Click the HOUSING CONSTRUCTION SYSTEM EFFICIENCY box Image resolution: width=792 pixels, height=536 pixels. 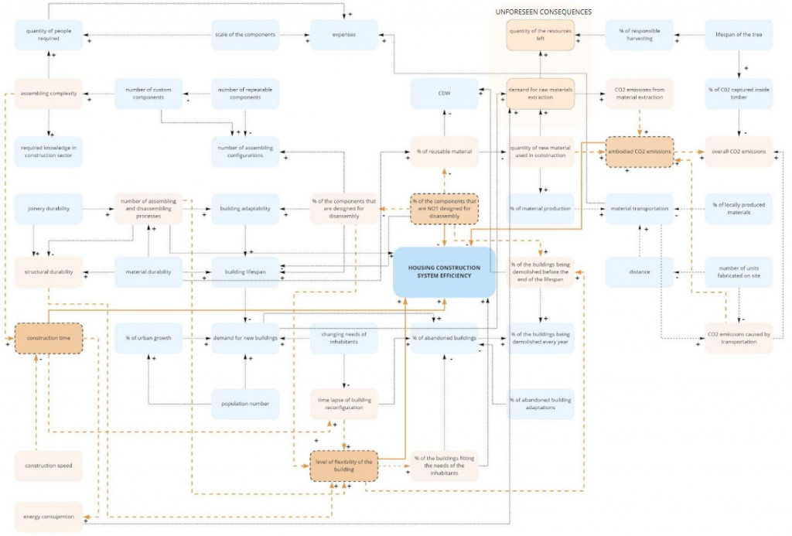tap(444, 272)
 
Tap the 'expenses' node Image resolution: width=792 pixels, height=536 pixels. tap(344, 35)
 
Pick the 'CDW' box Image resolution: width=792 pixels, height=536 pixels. tap(444, 94)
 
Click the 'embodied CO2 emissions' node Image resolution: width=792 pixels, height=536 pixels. tap(640, 152)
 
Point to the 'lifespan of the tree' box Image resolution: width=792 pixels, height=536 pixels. tap(739, 35)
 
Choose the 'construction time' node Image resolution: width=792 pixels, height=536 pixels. tap(49, 338)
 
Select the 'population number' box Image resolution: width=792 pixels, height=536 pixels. tap(245, 404)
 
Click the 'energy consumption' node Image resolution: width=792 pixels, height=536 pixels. tap(49, 517)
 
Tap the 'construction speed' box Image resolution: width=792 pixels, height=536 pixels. tap(49, 466)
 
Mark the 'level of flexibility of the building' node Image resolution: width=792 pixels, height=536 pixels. tap(344, 466)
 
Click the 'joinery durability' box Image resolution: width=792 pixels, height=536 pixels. tap(49, 209)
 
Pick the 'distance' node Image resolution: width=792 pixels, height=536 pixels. tap(640, 272)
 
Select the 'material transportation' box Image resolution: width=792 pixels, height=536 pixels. tap(640, 209)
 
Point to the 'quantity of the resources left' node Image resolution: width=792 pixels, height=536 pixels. tap(541, 35)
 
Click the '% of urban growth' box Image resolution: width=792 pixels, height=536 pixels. tap(148, 338)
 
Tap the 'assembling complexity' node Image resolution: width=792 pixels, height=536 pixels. tap(49, 94)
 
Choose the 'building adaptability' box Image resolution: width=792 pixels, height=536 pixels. tap(245, 209)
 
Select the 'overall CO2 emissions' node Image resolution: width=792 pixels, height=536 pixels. tap(739, 152)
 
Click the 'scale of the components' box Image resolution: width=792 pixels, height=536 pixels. tap(245, 35)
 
